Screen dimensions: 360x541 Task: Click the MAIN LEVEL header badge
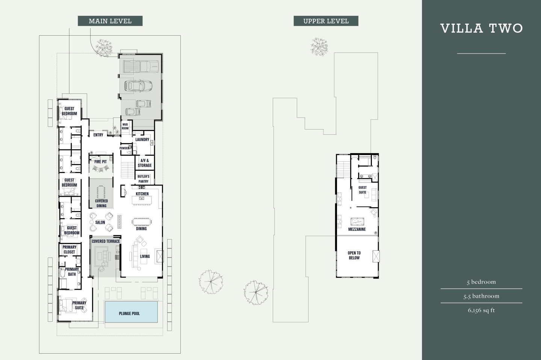tap(110, 21)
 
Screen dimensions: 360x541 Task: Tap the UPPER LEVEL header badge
tap(326, 21)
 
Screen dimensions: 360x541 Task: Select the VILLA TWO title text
tap(481, 29)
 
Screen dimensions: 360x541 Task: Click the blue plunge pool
tap(131, 312)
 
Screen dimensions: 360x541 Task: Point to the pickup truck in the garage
tap(141, 67)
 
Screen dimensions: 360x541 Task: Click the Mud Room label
tap(125, 126)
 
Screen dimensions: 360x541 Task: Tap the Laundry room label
tap(142, 140)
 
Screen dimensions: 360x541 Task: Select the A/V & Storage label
tap(145, 163)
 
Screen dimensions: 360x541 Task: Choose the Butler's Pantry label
tap(144, 179)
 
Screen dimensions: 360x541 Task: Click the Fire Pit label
tap(100, 162)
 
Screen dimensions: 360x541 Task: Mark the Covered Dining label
tap(101, 203)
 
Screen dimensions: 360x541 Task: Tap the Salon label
tap(100, 222)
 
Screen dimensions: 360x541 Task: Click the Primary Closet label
tap(70, 250)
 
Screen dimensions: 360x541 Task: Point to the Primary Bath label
tap(72, 271)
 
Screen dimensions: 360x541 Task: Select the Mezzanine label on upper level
tap(357, 229)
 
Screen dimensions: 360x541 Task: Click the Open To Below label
tap(354, 255)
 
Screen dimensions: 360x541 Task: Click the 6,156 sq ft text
tap(481, 310)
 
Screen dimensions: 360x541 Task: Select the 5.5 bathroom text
tap(481, 296)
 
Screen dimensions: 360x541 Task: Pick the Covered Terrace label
tap(106, 241)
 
